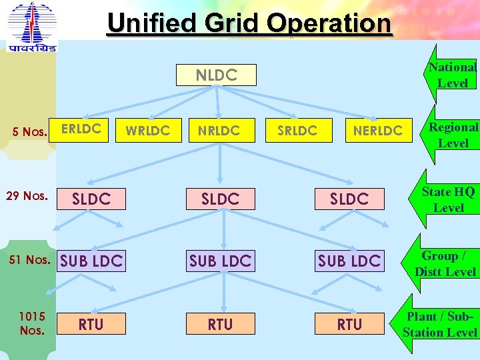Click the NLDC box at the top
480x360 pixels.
(217, 75)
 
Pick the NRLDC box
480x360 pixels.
(219, 131)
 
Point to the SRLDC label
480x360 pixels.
(297, 131)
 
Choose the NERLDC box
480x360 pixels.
(377, 131)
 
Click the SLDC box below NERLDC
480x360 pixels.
(349, 199)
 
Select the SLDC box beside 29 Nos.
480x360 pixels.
(91, 199)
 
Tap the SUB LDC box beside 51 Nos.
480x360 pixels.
(91, 261)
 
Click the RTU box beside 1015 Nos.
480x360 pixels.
(91, 324)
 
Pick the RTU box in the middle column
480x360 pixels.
(220, 324)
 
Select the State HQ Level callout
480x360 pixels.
(449, 199)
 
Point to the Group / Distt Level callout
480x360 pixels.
(445, 263)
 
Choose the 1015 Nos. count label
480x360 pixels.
(31, 323)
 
